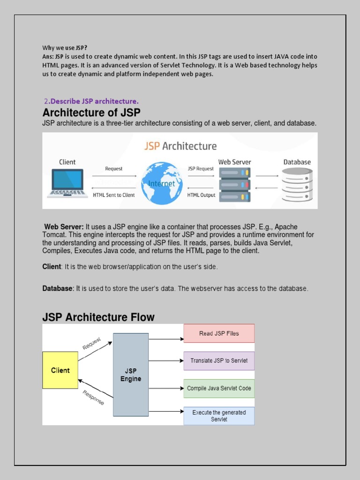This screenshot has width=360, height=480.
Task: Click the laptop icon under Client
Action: click(x=67, y=183)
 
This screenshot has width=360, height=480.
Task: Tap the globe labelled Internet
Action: click(x=162, y=183)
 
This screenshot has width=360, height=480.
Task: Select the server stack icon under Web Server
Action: click(x=235, y=184)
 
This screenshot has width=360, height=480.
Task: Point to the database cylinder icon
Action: click(x=297, y=185)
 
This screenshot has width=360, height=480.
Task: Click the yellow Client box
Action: click(x=60, y=370)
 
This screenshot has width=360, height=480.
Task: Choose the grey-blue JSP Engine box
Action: click(x=131, y=375)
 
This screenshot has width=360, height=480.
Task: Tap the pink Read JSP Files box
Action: click(x=219, y=333)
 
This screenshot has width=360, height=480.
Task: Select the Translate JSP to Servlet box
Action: click(x=219, y=361)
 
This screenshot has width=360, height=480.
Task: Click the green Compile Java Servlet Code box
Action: click(x=219, y=389)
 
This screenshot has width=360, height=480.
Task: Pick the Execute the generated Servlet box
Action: click(x=219, y=416)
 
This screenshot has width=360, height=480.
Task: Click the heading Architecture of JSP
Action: click(x=91, y=112)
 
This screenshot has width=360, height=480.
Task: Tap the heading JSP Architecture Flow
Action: click(x=98, y=317)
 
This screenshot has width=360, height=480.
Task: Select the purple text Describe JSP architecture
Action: click(x=94, y=101)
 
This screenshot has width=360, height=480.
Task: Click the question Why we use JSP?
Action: click(x=65, y=48)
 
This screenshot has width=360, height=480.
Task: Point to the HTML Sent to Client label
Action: click(x=114, y=195)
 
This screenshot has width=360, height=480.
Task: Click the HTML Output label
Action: click(x=201, y=195)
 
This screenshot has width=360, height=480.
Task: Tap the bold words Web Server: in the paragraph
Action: click(x=64, y=227)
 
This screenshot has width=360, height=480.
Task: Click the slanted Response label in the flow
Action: click(x=93, y=397)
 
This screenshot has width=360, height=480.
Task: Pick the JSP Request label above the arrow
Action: click(x=201, y=169)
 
